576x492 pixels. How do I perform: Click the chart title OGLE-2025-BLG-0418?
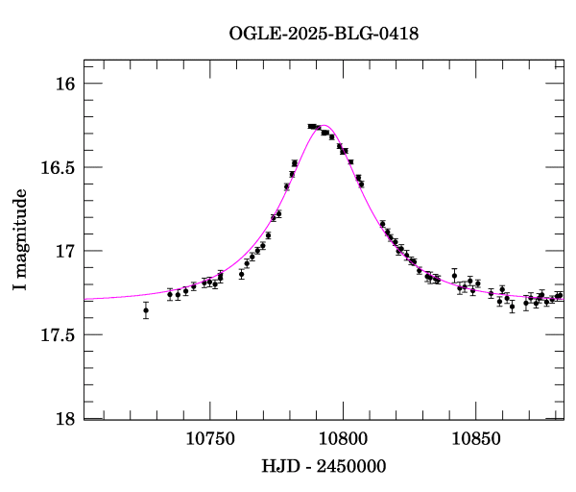[324, 34]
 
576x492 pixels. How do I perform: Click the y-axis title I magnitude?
[20, 240]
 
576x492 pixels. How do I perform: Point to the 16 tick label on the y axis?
[65, 85]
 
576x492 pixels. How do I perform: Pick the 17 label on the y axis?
[65, 252]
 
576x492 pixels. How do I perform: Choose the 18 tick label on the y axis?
[65, 419]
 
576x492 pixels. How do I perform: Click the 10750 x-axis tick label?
[209, 439]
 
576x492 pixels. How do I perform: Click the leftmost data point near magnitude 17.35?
[146, 310]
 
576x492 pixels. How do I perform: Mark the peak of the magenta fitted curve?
[324, 125]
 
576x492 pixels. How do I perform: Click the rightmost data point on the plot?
[560, 296]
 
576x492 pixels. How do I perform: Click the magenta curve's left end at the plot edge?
[84, 300]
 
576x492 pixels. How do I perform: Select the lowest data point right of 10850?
[513, 307]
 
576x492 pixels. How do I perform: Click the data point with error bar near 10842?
[455, 276]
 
